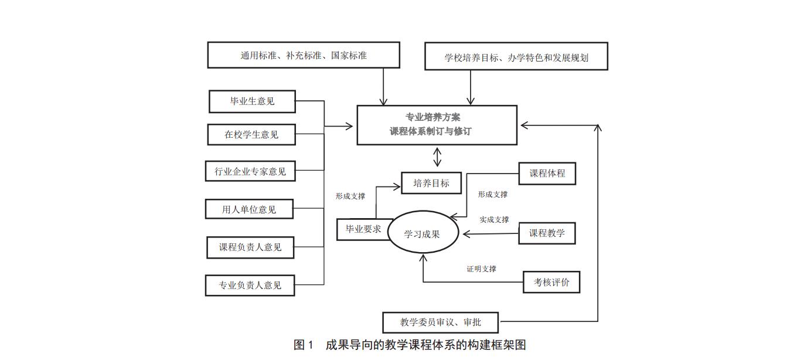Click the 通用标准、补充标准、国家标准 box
304,55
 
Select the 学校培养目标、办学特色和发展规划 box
516,56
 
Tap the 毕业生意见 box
252,101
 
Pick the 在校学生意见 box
251,134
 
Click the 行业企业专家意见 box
250,171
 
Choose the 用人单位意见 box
249,209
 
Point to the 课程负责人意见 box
250,247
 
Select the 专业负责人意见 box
250,286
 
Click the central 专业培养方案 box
437,124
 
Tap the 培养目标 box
431,183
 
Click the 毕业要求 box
363,229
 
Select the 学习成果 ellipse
422,233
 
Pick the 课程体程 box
547,174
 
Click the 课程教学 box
547,233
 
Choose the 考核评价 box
551,282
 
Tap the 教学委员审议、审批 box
441,322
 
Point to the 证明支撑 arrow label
482,269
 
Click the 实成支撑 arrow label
494,219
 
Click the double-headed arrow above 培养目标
437,157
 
